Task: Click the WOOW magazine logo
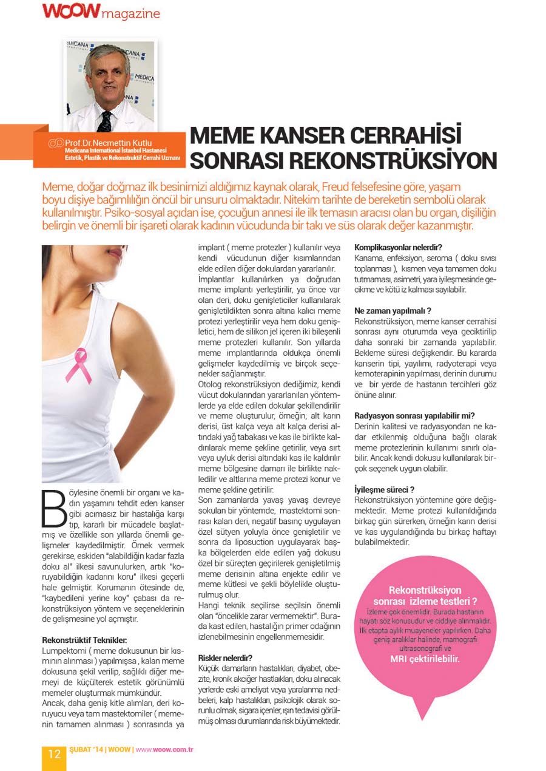pos(101,12)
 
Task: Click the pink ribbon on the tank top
pos(78,364)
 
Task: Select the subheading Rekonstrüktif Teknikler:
pos(84,640)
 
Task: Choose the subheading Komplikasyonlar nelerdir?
pos(397,248)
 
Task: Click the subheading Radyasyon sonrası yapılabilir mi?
pos(410,416)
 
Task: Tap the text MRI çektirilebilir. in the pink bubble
pos(425,658)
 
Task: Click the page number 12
pos(54,753)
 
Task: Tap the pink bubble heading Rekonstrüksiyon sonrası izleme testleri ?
pos(425,596)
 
